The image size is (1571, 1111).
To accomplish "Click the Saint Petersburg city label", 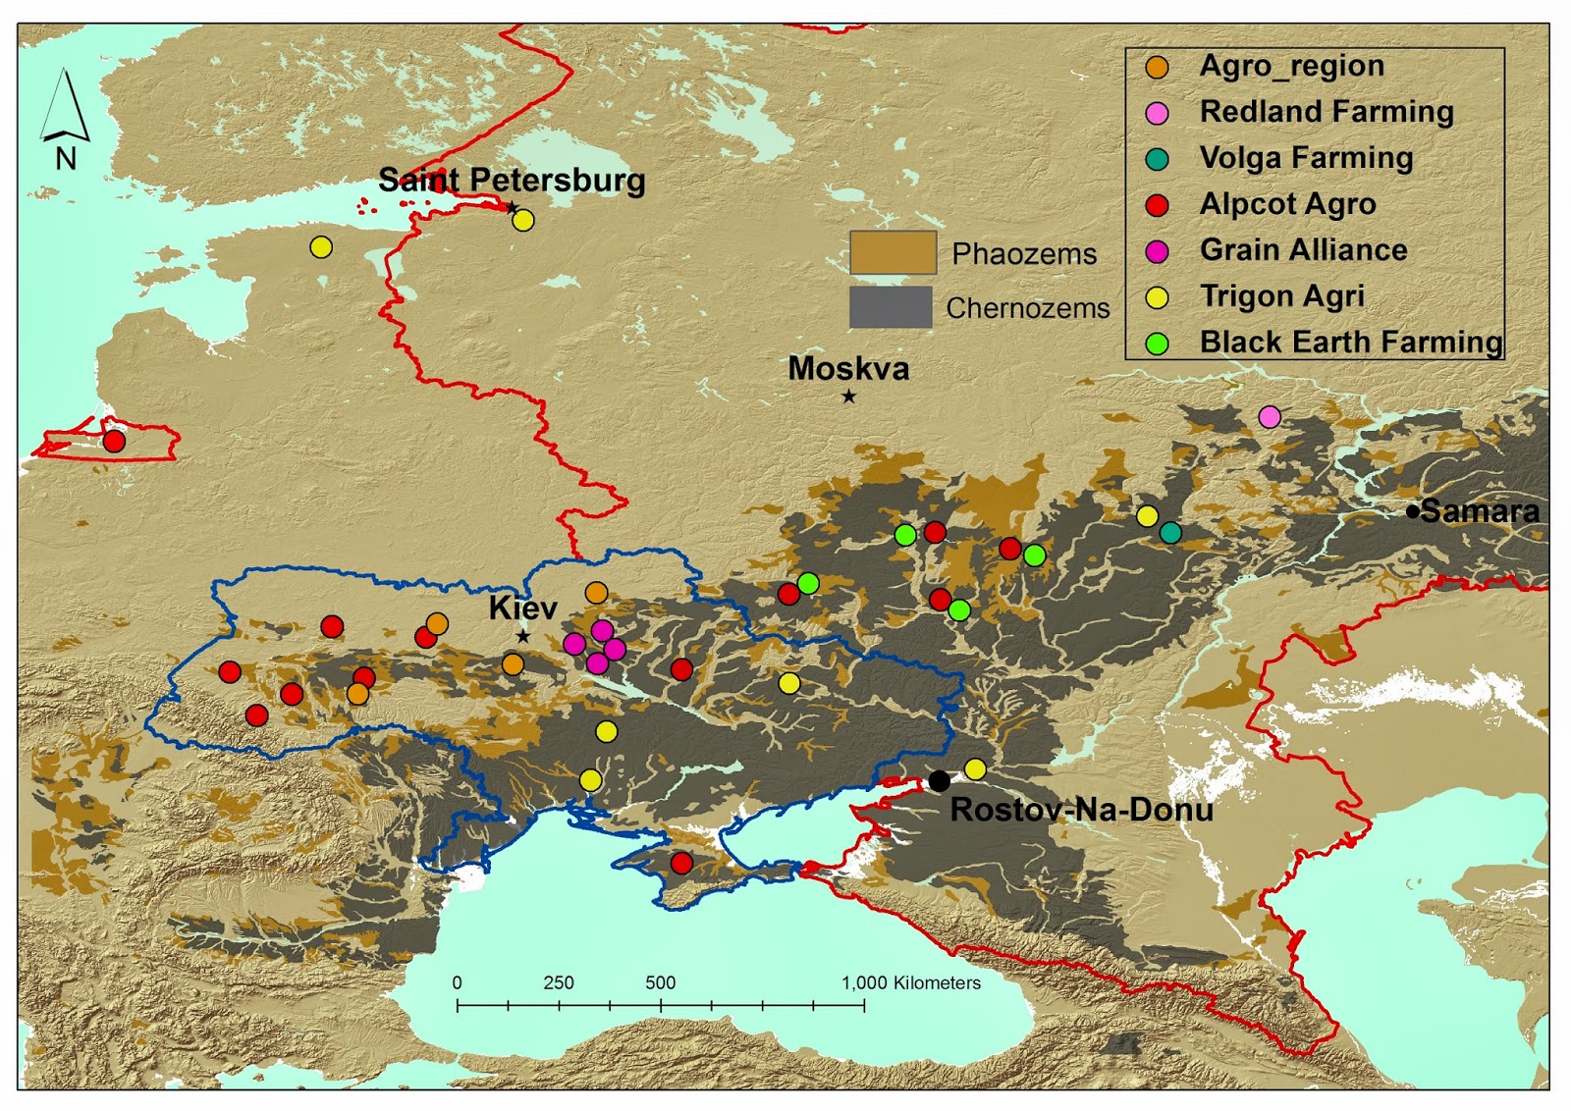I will tap(512, 181).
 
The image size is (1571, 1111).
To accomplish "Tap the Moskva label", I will tap(848, 369).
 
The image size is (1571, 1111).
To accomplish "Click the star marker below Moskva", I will tap(848, 397).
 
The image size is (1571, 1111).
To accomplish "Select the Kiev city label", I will tap(522, 608).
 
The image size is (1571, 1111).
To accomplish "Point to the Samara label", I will tap(1480, 511).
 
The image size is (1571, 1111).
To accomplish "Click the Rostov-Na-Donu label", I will tap(1081, 810).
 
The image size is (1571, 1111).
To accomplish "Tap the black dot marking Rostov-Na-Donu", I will tap(939, 781).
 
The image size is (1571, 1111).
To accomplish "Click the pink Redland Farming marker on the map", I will tap(1270, 417).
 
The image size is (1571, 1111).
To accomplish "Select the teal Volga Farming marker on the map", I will tap(1170, 532).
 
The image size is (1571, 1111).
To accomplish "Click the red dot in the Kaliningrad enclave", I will tap(114, 441).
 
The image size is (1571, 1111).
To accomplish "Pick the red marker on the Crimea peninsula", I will tap(681, 863).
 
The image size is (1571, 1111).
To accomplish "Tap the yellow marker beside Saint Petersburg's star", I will tap(523, 220).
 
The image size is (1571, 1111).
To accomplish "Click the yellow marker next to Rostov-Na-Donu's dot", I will tap(975, 769).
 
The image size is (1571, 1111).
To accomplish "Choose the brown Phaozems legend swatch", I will tap(892, 253).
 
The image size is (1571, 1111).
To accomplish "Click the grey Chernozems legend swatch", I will tap(890, 307).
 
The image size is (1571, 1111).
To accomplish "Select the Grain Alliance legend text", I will tap(1303, 250).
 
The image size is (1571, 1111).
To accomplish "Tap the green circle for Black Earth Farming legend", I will tap(1158, 343).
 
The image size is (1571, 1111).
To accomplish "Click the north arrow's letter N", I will tap(66, 159).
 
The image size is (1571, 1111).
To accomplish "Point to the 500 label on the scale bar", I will tap(660, 982).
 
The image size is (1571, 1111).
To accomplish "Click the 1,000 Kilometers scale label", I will tap(910, 982).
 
